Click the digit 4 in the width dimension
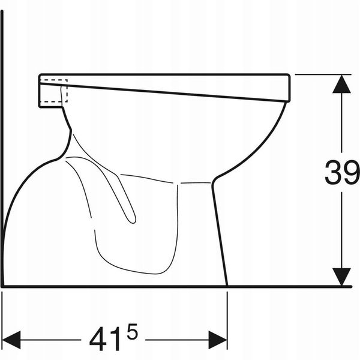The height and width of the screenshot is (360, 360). click(98, 339)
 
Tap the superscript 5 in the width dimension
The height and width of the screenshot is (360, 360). click(132, 332)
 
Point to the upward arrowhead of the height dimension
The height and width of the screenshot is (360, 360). click(341, 84)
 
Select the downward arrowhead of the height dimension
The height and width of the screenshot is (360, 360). click(341, 277)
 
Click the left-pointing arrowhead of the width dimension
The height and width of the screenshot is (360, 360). click(11, 340)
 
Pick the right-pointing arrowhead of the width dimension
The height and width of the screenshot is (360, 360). click(218, 340)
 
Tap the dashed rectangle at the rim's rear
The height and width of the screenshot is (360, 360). click(54, 91)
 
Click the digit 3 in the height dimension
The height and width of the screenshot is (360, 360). click(334, 172)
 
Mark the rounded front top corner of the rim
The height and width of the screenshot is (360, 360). click(289, 75)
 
